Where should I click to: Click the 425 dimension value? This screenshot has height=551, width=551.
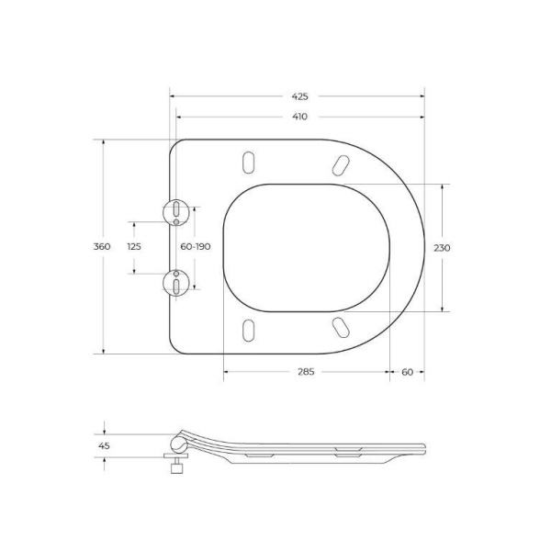coord(300,96)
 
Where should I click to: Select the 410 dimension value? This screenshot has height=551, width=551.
coord(300,117)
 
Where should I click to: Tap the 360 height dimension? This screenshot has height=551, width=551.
coord(102,247)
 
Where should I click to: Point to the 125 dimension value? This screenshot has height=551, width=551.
coord(134,247)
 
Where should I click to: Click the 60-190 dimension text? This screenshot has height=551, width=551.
coord(195,247)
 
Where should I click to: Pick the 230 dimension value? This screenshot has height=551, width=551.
coord(443,247)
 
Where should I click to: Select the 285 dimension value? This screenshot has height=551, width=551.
coord(306,372)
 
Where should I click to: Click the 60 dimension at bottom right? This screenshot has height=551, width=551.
coord(407,372)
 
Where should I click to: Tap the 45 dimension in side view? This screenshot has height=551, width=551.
coord(104,447)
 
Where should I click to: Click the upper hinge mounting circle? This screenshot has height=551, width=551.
coord(174,212)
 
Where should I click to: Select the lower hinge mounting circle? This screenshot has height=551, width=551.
coord(174,283)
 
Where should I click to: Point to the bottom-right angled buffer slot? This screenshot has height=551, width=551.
coord(340,327)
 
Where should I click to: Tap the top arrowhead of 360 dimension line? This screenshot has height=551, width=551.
coord(102,142)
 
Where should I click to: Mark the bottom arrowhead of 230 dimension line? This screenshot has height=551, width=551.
coord(443,309)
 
